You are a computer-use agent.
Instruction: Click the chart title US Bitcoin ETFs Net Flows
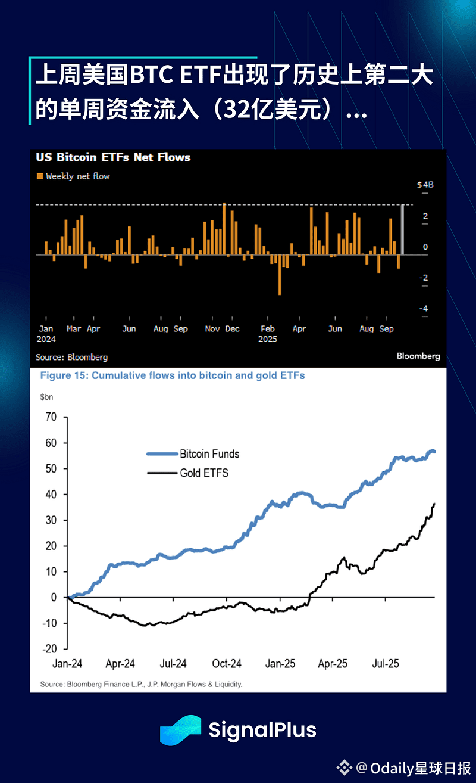tap(113, 158)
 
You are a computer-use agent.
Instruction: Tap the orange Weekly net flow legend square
tap(40, 176)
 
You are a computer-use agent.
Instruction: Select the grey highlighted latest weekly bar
tap(403, 229)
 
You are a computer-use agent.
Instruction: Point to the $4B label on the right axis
tap(425, 185)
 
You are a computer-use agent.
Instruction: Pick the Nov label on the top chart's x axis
tap(212, 329)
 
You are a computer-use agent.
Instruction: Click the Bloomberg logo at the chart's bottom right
tap(418, 356)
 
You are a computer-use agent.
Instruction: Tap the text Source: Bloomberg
tap(72, 357)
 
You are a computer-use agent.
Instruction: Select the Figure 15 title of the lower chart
tap(172, 376)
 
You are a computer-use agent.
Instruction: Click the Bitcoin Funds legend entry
tap(209, 454)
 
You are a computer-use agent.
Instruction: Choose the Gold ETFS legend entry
tap(204, 473)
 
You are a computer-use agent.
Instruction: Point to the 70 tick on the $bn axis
tap(51, 417)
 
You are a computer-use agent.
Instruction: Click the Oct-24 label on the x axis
tap(227, 664)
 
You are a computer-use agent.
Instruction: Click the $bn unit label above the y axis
tap(46, 396)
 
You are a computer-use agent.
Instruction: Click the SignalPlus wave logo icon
tap(180, 730)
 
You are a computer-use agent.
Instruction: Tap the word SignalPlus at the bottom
tap(262, 730)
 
